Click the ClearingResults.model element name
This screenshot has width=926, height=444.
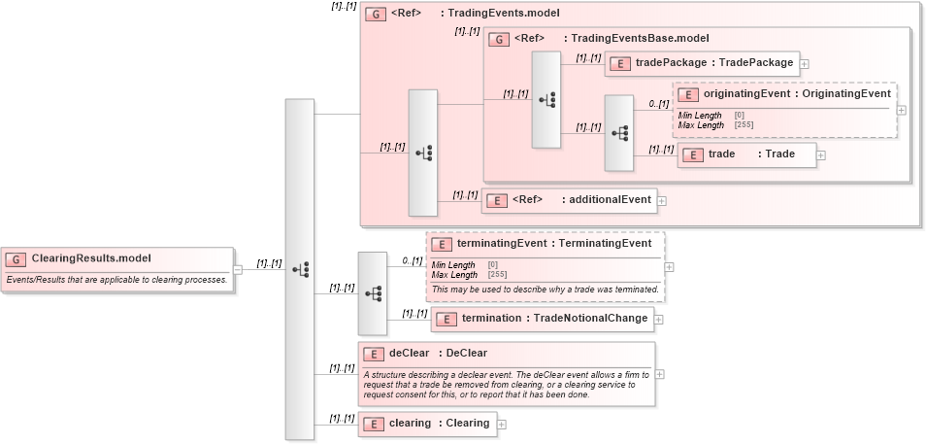tap(91, 258)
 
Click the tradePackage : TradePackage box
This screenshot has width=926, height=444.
tap(702, 63)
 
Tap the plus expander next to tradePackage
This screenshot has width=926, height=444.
tap(805, 64)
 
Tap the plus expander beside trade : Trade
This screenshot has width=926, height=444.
tap(821, 154)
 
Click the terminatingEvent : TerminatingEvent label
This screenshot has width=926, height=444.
tap(553, 244)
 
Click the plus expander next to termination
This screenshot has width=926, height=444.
tap(659, 319)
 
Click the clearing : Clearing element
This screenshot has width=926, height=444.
tap(427, 423)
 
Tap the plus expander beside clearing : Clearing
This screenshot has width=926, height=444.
tap(502, 424)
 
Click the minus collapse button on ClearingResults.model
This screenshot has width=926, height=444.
tap(238, 270)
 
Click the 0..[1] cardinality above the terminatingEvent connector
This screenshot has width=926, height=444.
tap(413, 260)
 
